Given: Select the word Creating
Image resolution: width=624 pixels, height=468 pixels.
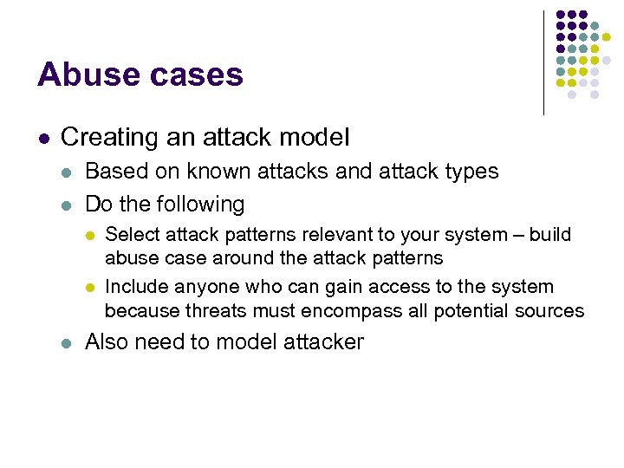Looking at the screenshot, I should [103, 137].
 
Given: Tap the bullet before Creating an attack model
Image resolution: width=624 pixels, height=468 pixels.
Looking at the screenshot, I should [43, 138].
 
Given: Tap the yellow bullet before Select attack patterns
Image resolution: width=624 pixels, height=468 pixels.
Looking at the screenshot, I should [91, 236].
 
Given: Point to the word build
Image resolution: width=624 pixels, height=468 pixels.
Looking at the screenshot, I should [550, 236].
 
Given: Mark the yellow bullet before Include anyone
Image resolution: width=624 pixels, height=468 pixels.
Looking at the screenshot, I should [91, 288].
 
